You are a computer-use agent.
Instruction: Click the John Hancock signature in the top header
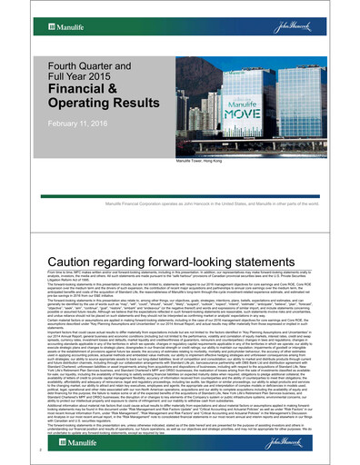(x=330, y=15)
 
